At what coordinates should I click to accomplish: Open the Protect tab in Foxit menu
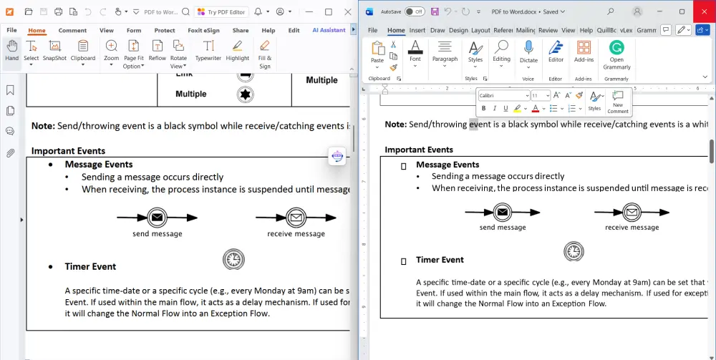click(x=165, y=31)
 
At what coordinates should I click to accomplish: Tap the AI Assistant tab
click(x=329, y=31)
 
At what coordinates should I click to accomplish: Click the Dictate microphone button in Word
click(x=528, y=52)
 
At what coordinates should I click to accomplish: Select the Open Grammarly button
click(x=616, y=54)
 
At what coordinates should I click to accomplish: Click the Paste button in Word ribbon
click(x=377, y=52)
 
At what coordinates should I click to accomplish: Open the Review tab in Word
click(x=548, y=31)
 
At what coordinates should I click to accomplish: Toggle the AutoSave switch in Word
click(x=414, y=12)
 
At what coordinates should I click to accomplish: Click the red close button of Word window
click(x=702, y=11)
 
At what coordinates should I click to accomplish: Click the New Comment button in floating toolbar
click(x=618, y=102)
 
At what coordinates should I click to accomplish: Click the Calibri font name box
click(x=503, y=95)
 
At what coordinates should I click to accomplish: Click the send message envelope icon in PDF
click(x=157, y=218)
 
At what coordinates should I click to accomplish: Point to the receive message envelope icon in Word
click(x=632, y=212)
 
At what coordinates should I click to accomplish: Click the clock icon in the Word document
click(x=573, y=250)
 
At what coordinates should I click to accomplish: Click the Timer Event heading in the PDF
click(x=90, y=267)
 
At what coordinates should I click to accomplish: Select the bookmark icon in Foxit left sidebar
click(x=10, y=90)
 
